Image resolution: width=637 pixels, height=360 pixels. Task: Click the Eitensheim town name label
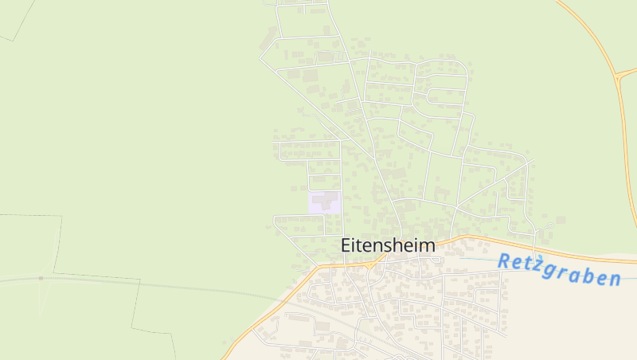[388, 246]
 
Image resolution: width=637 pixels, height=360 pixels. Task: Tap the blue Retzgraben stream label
[559, 270]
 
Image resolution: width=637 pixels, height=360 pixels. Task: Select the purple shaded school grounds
[324, 202]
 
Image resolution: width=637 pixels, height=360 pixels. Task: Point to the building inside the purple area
[324, 199]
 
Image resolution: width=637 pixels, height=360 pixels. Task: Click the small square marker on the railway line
[41, 278]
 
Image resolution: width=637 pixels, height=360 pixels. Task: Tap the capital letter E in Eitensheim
[346, 246]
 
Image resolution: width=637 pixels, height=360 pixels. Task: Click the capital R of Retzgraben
[505, 260]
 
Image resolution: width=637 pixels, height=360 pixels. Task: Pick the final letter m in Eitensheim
[428, 246]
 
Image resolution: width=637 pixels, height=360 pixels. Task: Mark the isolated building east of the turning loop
[561, 219]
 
